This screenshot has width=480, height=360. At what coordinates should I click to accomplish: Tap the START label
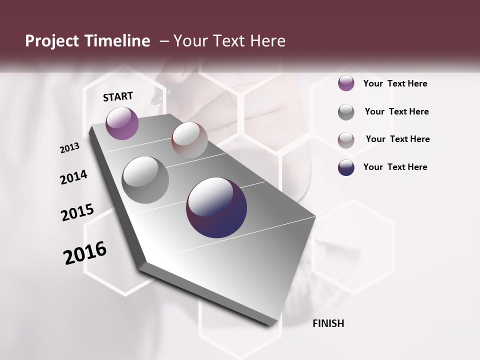[x=118, y=96]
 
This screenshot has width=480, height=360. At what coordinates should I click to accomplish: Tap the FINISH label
[x=328, y=323]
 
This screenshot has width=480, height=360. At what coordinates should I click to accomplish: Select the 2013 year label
[x=69, y=148]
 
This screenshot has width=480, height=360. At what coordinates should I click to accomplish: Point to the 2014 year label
[x=73, y=177]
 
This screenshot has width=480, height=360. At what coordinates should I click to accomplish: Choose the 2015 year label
[x=77, y=212]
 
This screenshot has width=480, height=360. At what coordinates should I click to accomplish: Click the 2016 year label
[x=85, y=252]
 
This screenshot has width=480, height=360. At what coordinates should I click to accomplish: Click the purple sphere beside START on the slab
[x=122, y=123]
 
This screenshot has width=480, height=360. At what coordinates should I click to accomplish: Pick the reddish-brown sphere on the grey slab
[x=189, y=140]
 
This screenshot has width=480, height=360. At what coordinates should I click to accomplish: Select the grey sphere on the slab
[x=145, y=180]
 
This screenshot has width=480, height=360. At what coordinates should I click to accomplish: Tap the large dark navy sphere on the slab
[x=216, y=207]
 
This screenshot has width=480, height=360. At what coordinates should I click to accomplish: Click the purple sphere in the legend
[x=346, y=83]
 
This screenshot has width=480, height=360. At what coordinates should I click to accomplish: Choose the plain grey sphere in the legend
[x=346, y=112]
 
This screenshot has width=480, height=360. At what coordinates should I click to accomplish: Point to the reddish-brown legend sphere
[x=346, y=140]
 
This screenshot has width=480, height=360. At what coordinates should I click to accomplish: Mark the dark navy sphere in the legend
[x=346, y=167]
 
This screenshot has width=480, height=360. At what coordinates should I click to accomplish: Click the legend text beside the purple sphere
[x=395, y=83]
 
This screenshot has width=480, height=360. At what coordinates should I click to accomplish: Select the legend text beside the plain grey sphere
[x=396, y=111]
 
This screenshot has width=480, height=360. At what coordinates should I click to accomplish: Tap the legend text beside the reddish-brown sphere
[x=397, y=139]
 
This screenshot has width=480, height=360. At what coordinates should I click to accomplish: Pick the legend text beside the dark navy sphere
[x=395, y=167]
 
